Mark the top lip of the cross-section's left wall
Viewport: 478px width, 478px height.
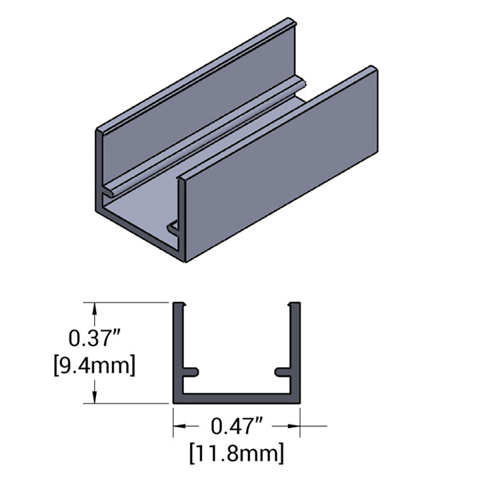coord(179,305)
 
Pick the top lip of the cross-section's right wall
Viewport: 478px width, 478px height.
coord(294,305)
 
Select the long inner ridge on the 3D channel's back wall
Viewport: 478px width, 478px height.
coord(206,139)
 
